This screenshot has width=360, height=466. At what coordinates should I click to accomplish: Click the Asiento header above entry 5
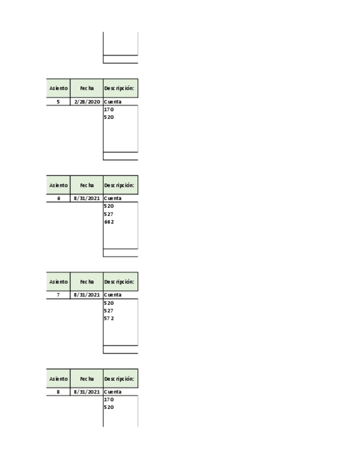[x=58, y=88]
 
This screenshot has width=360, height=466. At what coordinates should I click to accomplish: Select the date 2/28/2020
[x=87, y=102]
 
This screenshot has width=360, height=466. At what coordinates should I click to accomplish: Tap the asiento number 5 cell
[x=58, y=102]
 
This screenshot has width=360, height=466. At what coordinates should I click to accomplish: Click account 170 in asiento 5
[x=109, y=109]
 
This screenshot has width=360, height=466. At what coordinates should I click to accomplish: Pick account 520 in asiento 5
[x=109, y=117]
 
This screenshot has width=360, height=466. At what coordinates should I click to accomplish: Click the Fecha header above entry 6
[x=87, y=185]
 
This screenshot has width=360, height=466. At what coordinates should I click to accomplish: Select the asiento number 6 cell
[x=58, y=198]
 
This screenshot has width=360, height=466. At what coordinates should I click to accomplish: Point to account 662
[x=109, y=222]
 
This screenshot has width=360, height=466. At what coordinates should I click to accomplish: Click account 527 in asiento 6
[x=109, y=214]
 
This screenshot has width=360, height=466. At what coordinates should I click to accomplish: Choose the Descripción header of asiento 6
[x=120, y=185]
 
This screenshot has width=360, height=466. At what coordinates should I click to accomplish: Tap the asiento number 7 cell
[x=58, y=295]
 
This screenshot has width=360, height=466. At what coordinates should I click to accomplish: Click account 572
[x=109, y=319]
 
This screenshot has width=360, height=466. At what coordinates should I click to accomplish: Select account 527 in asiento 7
[x=109, y=311]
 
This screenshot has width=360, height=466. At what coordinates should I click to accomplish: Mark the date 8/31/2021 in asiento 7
[x=87, y=295]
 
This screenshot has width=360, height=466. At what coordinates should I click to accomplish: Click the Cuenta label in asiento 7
[x=113, y=295]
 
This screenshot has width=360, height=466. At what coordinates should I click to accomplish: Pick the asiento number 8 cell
[x=58, y=392]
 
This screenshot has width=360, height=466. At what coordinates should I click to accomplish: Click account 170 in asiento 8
[x=109, y=400]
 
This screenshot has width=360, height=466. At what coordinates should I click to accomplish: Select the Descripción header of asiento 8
[x=120, y=379]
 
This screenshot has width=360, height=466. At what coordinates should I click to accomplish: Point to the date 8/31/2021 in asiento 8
[x=87, y=392]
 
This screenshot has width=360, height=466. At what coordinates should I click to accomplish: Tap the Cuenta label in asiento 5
[x=113, y=102]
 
